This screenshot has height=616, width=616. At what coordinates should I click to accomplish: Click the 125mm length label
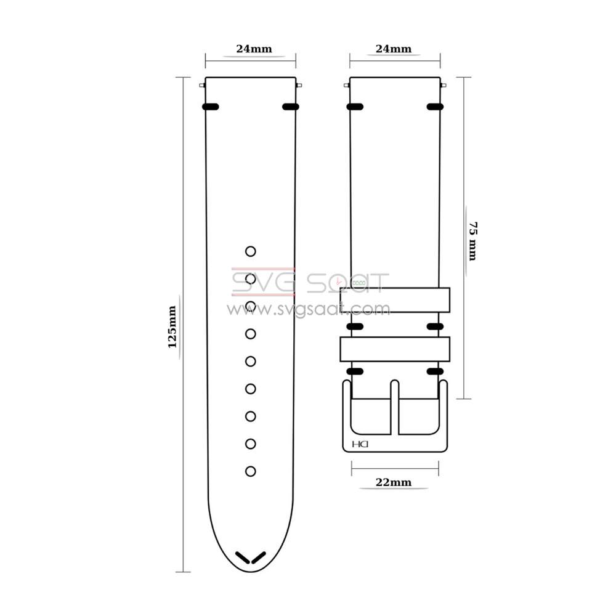click(x=172, y=327)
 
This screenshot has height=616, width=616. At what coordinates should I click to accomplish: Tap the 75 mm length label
click(x=473, y=241)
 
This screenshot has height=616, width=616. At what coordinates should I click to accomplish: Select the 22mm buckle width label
click(x=394, y=482)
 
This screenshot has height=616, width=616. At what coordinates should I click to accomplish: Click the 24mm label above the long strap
click(x=254, y=49)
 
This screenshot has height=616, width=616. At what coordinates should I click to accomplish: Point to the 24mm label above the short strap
click(x=394, y=49)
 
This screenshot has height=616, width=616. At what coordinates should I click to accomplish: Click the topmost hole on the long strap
click(x=251, y=251)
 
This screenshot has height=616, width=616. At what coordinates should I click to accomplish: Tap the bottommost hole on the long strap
click(x=251, y=471)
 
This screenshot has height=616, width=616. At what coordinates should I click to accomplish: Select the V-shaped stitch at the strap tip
click(x=251, y=557)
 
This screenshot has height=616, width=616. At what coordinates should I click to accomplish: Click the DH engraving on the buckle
click(x=360, y=444)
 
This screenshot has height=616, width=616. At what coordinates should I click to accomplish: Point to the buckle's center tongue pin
click(x=395, y=407)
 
